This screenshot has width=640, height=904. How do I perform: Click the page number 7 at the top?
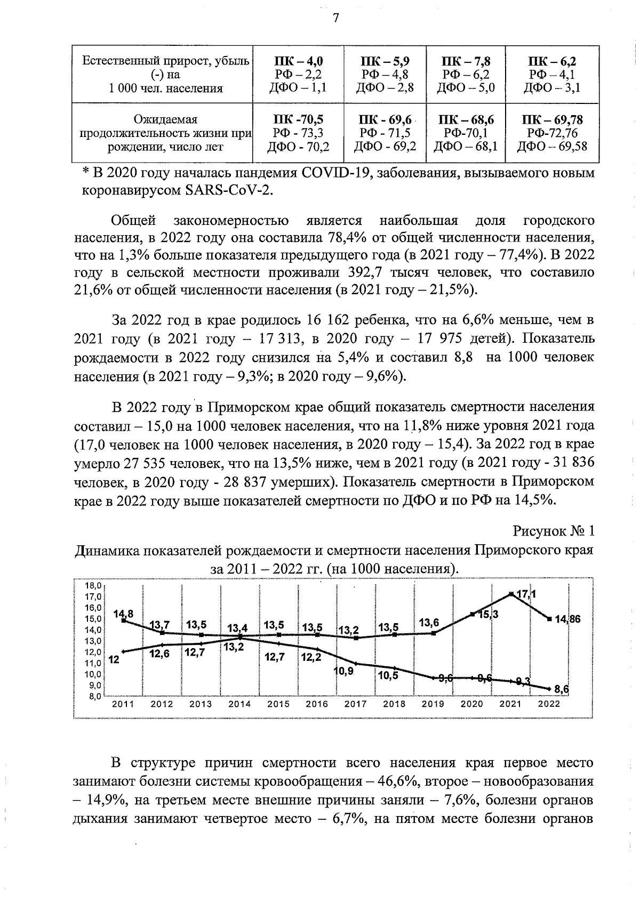point(335,18)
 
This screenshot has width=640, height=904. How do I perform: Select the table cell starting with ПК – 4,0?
point(298,75)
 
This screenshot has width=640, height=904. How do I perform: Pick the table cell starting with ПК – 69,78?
point(551,133)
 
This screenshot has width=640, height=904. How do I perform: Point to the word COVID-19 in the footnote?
point(331,173)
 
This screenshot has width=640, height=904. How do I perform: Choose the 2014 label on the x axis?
point(239,704)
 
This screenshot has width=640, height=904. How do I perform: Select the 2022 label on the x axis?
point(549,704)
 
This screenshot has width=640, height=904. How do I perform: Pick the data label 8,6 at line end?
point(562,689)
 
